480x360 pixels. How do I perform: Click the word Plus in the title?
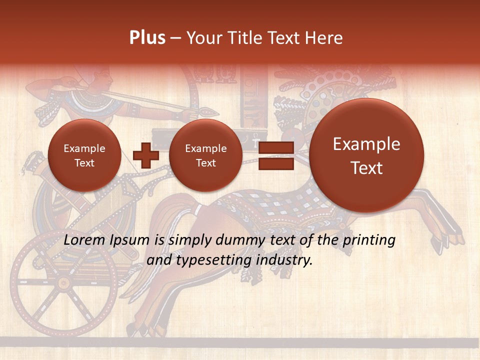(147, 38)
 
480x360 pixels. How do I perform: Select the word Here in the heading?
(326, 38)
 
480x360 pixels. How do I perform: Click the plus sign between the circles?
(146, 155)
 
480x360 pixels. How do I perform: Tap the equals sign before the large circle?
(275, 155)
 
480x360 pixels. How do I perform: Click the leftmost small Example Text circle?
(84, 155)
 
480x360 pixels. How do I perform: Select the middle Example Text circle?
(205, 155)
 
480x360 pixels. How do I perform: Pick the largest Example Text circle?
(366, 155)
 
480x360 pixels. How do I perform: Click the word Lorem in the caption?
(84, 240)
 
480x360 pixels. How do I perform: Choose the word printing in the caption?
(370, 240)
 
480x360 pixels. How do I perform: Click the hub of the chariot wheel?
(63, 283)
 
